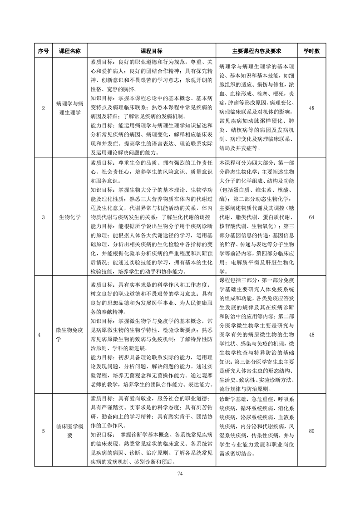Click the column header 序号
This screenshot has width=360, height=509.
click(x=43, y=51)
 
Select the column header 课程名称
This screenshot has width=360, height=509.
click(x=69, y=51)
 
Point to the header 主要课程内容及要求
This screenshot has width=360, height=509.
click(x=256, y=51)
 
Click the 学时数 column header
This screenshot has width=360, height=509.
click(x=311, y=51)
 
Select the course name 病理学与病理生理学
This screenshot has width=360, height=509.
click(x=69, y=108)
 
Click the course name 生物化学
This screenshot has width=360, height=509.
click(x=69, y=217)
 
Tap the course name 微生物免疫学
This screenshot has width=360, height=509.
click(x=69, y=334)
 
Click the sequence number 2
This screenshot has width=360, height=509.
click(x=43, y=108)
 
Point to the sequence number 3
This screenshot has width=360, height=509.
click(x=43, y=217)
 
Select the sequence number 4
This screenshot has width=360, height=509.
click(x=43, y=334)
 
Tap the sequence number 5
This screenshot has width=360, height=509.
click(x=43, y=431)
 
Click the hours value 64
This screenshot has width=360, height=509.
click(x=311, y=217)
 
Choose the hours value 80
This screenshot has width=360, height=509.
click(x=311, y=431)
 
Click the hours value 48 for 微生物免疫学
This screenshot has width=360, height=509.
click(x=311, y=334)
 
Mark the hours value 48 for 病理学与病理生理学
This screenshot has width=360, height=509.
click(x=311, y=108)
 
